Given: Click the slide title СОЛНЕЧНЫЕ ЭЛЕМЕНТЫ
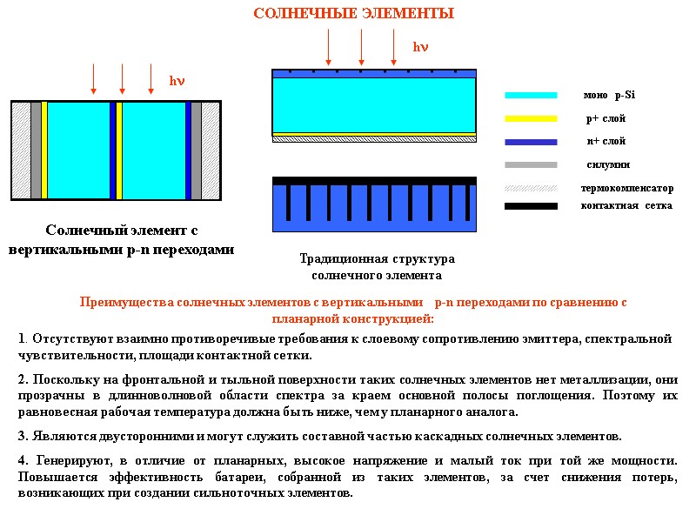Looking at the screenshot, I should pos(353,14).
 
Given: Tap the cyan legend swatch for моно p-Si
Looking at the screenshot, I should pos(531,95).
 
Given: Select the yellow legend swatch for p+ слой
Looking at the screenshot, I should pos(531,118).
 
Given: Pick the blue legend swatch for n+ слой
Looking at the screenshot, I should pos(531,142).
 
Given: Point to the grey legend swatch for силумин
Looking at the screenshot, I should pos(531,164).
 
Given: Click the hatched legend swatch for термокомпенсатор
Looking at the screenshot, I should pos(531,188).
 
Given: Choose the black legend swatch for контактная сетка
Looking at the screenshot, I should pos(531,206).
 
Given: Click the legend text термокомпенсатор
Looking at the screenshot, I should pos(626,188).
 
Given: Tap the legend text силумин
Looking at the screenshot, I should pos(608,164).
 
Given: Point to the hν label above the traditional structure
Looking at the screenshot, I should pos(420,46).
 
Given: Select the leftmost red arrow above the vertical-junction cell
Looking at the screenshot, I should pos(94,78).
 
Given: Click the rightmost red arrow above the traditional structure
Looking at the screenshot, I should pos(393,45).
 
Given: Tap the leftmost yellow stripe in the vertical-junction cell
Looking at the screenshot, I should pos(44,151).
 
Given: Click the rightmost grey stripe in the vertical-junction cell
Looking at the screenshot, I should pos(196,151).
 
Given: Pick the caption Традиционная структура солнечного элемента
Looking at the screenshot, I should pos(377,267).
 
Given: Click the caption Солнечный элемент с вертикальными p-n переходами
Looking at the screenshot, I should pos(122,240).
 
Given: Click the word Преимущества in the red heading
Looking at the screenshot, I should pos(125,303).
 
